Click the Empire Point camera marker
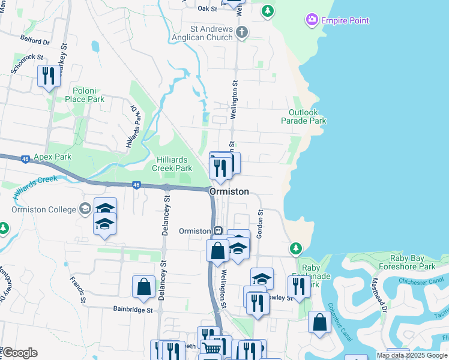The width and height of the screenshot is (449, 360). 312,20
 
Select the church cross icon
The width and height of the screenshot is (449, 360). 241,32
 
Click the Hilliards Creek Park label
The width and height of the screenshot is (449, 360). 172,164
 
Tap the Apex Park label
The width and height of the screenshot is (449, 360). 52,157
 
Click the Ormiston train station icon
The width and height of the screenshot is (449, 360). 220,230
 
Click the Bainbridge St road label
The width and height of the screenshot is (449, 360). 134,310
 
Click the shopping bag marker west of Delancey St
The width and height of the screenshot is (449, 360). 144,287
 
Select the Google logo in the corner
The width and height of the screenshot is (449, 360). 20,353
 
